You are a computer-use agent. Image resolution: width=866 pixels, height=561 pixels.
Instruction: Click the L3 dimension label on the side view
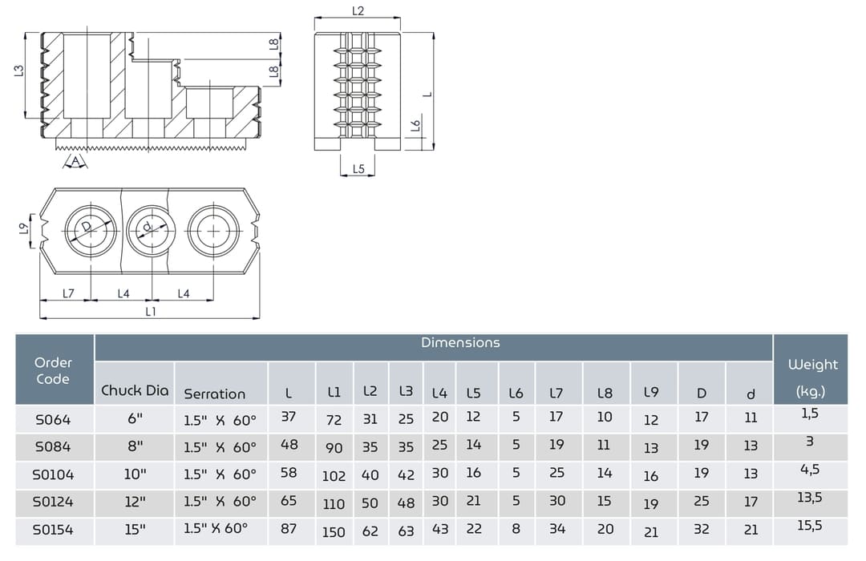coord(18,71)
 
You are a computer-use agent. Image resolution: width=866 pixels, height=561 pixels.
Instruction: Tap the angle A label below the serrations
coord(75,161)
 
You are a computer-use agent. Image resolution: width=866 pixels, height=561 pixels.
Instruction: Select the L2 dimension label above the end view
coord(358,11)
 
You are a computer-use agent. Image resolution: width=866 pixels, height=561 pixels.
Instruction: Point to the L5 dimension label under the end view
coord(358,169)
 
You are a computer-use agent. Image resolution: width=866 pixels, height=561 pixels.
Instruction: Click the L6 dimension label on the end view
coord(416,126)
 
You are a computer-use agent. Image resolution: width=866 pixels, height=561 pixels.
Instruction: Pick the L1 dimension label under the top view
coord(150,312)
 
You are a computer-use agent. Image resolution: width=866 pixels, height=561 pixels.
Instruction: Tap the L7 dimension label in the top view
coord(68,294)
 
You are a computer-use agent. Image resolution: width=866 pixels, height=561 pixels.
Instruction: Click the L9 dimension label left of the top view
coord(24,228)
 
